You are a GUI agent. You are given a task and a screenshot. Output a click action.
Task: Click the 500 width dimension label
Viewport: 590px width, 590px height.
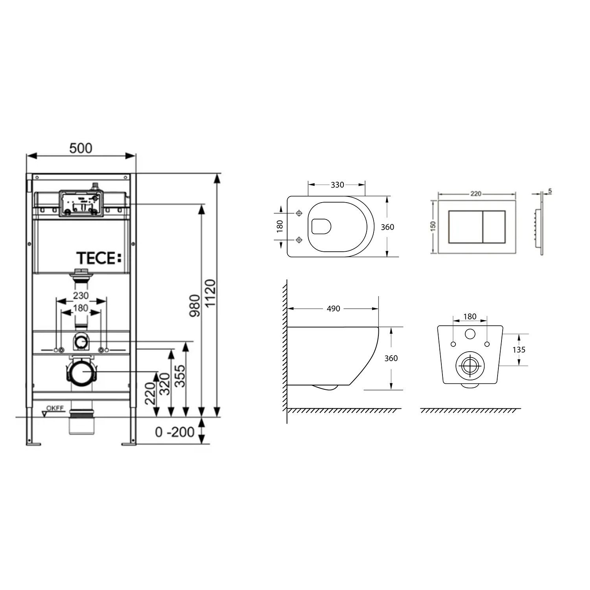[x=81, y=148]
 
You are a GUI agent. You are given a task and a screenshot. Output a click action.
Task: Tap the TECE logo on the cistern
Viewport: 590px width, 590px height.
[x=99, y=258]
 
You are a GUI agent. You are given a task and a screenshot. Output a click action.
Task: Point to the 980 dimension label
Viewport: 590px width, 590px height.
[x=195, y=306]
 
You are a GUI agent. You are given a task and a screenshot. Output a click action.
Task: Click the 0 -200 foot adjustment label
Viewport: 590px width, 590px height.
[x=175, y=432]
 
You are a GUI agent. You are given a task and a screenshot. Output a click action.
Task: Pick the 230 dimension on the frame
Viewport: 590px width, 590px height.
[x=81, y=295]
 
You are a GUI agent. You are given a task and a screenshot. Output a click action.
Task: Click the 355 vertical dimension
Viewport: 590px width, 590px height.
[x=179, y=376]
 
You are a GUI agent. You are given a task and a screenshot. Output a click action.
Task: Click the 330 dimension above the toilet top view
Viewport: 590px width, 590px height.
[x=337, y=184]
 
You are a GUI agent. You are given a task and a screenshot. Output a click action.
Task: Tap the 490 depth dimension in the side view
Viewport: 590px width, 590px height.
[x=333, y=309]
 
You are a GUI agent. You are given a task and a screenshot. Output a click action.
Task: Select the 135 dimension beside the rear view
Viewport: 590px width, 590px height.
[x=519, y=350]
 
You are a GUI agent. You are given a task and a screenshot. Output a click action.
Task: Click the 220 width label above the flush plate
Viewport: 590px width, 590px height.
[x=476, y=194]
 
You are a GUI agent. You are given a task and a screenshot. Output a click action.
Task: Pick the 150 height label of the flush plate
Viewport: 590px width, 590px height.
[x=433, y=226]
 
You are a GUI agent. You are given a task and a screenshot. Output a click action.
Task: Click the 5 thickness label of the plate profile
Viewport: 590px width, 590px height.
[x=550, y=191]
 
